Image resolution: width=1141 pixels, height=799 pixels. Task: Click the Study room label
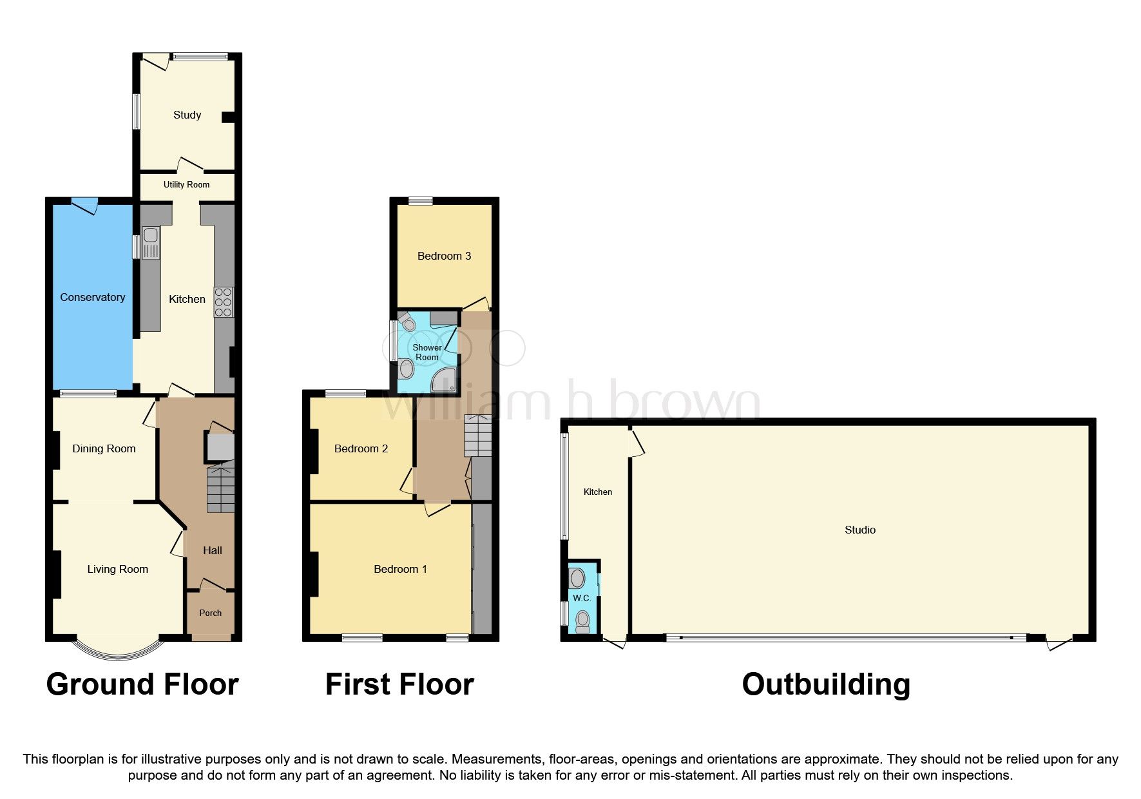point(187,115)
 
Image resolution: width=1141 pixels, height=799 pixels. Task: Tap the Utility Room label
point(186,184)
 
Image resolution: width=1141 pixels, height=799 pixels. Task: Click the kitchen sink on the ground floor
point(150,242)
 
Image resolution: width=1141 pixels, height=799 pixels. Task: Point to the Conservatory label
point(92,297)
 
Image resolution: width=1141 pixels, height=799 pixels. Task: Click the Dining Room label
point(104,448)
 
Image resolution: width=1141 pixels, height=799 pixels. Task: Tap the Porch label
point(210,613)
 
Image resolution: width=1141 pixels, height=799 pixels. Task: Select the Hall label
point(212,550)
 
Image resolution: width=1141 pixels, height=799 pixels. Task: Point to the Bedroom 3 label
point(444,256)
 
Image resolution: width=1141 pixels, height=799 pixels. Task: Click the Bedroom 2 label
point(361,448)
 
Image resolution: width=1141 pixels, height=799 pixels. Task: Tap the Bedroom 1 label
point(400,569)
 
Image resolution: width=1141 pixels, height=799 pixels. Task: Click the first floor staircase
point(477,435)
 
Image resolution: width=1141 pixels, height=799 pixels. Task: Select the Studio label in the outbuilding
point(859,530)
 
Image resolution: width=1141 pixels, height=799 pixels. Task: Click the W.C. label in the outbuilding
point(582,598)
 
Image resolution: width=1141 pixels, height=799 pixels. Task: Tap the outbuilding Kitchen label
point(597,492)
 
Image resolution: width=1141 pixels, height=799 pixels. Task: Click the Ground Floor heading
point(142,684)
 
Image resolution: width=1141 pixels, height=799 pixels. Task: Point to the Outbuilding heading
point(825,684)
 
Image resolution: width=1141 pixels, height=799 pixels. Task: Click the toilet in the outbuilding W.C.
point(582,621)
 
